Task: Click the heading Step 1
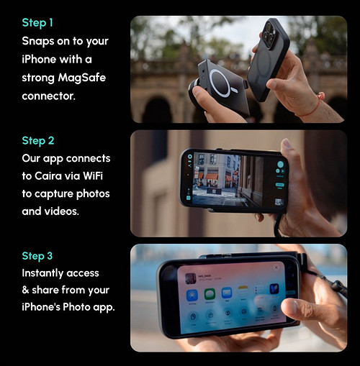(37, 23)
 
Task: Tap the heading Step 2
(38, 141)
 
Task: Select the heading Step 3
(37, 256)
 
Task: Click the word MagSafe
(82, 78)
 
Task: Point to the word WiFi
(93, 176)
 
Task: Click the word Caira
(48, 176)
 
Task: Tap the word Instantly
(41, 273)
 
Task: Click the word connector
(48, 96)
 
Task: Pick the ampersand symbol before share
(25, 290)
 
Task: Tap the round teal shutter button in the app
(280, 165)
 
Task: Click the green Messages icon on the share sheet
(210, 294)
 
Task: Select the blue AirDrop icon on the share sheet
(192, 295)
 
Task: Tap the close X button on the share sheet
(276, 267)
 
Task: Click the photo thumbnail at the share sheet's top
(191, 278)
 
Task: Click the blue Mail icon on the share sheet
(227, 293)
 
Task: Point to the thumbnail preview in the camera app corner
(279, 202)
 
